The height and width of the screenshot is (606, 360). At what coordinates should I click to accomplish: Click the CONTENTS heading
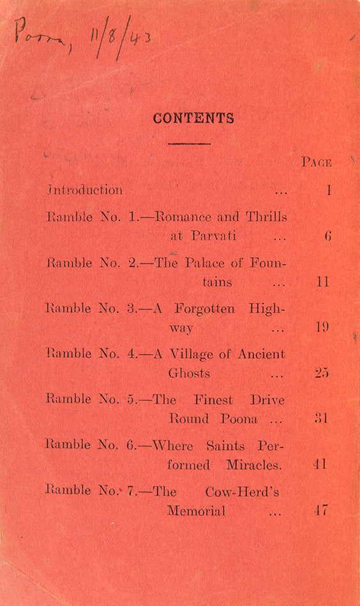[x=193, y=119]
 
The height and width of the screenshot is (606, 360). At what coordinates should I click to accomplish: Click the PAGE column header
[x=317, y=163]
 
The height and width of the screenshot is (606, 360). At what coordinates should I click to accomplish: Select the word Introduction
[x=85, y=190]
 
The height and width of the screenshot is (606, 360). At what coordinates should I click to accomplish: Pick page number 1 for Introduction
[x=329, y=190]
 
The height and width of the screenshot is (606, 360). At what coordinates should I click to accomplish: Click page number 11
[x=323, y=282]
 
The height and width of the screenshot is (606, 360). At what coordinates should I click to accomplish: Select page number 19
[x=322, y=328]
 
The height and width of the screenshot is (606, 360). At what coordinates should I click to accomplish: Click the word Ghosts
[x=189, y=373]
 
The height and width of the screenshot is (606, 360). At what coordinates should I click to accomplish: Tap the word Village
[x=195, y=354]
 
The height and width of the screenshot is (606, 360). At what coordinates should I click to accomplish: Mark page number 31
[x=322, y=419]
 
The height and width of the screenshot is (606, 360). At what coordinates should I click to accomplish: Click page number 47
[x=322, y=511]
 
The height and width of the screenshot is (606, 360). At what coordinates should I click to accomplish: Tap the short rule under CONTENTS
[x=189, y=144]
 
